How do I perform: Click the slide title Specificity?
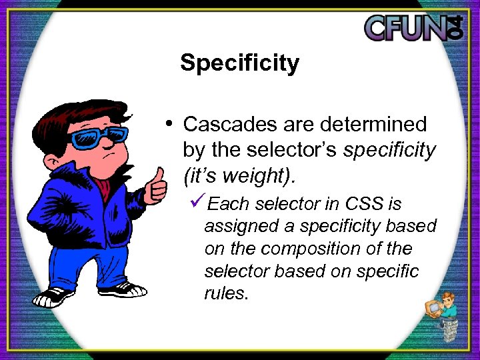click(239, 63)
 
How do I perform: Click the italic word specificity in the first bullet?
click(389, 150)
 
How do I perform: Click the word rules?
click(226, 294)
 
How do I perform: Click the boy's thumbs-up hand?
click(157, 187)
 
